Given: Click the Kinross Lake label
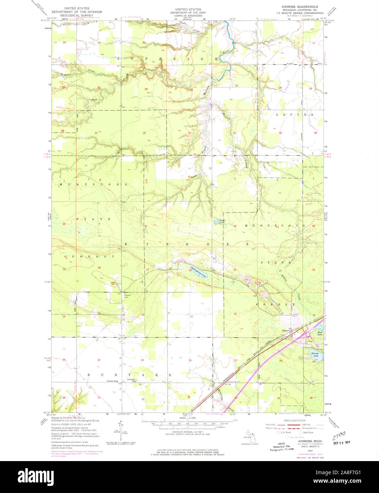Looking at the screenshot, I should [315, 354].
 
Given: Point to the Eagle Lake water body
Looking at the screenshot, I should [216, 222].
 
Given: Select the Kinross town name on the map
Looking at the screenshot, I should [286, 331].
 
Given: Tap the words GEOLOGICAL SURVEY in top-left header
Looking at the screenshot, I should [72, 16].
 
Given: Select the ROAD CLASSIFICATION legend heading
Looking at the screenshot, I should [294, 420].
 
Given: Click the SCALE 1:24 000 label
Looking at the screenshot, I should [188, 418].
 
